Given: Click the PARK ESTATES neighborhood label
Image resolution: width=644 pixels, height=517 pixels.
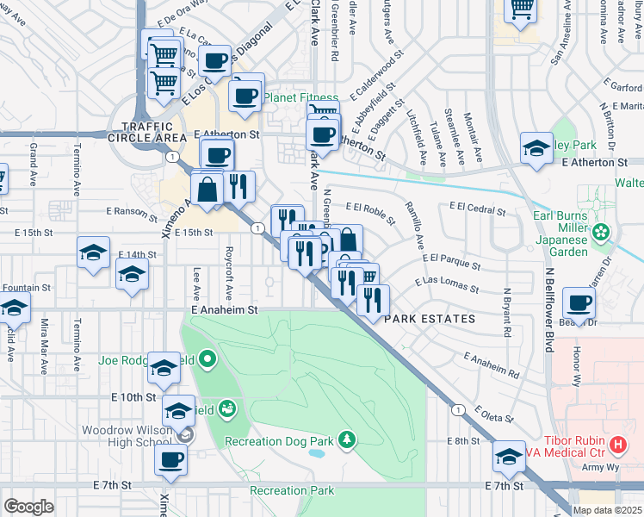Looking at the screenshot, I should click(430, 319).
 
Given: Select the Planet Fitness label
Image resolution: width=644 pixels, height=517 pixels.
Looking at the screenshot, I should click(298, 97).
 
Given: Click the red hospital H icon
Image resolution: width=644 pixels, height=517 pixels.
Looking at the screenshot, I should click(617, 445).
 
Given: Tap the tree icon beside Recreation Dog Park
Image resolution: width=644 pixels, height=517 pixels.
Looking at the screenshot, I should click(346, 440).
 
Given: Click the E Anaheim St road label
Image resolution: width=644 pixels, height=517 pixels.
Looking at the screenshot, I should click(225, 308).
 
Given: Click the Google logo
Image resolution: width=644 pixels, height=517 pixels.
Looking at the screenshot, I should click(28, 507).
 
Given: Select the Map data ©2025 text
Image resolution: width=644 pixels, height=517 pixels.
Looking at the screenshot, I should click(607, 510).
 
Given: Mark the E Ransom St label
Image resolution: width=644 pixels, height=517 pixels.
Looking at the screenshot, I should click(133, 210).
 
